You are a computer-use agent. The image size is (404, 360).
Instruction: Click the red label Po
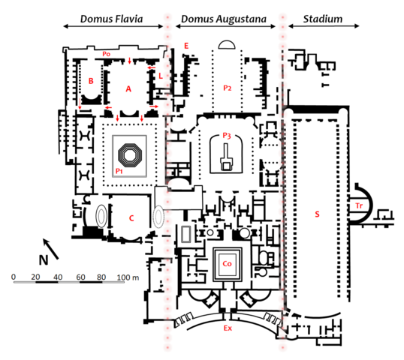pos(107,53)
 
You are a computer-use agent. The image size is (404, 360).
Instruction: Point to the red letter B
pos(90,79)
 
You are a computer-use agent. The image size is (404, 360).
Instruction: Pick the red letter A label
pos(128,88)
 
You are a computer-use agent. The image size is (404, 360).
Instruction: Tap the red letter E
pos(185,46)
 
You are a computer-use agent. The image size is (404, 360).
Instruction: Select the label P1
pos(119,172)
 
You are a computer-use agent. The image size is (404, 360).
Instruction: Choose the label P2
pos(228,88)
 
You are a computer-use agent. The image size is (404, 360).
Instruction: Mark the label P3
pos(226,135)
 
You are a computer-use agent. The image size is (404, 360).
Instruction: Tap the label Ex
pos(226,328)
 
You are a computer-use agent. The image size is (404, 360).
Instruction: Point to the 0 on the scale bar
pos(14,277)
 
